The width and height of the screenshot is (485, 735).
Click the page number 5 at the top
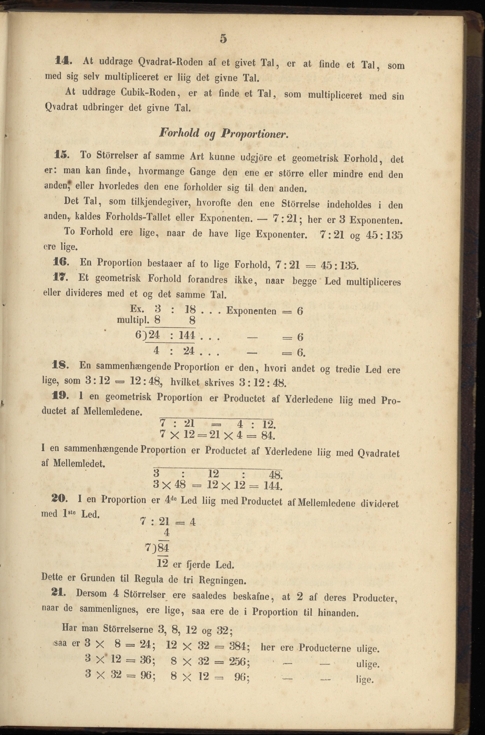tap(223, 39)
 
